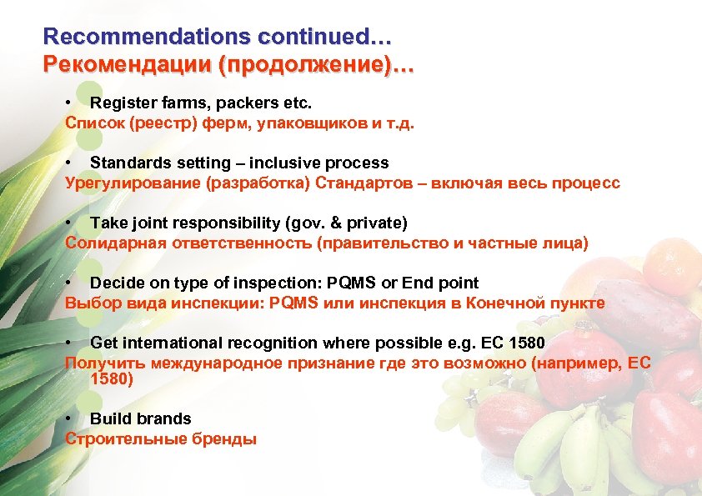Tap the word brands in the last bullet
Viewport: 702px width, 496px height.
click(x=164, y=418)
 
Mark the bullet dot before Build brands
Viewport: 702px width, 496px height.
click(x=68, y=418)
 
